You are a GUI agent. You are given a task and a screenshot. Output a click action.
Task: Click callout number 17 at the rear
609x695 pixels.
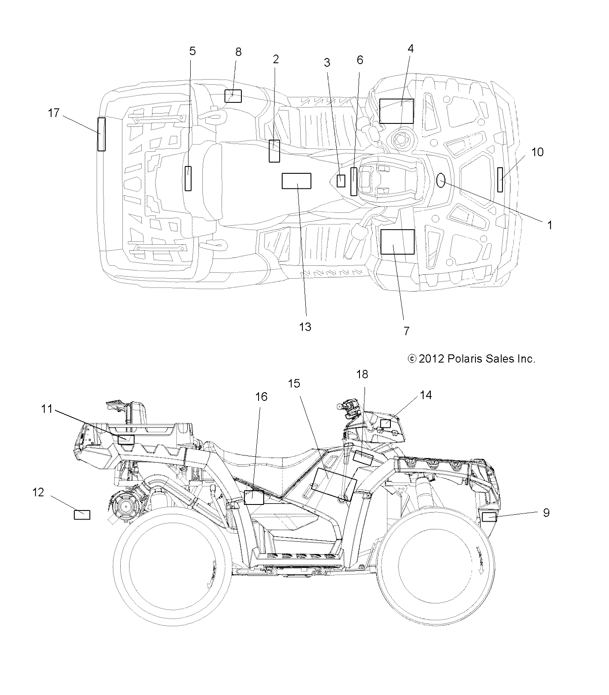point(54,113)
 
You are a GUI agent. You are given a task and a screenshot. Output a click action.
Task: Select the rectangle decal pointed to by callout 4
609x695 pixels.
point(396,111)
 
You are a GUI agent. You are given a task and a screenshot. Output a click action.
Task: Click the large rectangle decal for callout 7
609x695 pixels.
point(398,242)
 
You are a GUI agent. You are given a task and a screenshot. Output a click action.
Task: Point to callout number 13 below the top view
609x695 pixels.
point(305,327)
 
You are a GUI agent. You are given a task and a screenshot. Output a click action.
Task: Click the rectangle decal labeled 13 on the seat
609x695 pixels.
point(296,181)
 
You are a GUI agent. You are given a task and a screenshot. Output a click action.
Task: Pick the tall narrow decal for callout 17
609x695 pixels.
point(101,134)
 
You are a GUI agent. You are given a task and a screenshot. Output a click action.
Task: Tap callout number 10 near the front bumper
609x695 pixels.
point(537,152)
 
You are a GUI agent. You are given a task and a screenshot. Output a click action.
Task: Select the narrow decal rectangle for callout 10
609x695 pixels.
point(500,180)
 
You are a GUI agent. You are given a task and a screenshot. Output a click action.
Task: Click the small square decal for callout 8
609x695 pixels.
point(233,96)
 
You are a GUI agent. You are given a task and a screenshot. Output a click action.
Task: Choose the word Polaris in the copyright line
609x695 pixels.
point(466,359)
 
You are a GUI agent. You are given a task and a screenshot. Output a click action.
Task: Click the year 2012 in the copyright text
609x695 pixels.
point(431,359)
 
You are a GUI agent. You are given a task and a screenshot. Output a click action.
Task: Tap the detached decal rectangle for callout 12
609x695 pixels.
point(82,514)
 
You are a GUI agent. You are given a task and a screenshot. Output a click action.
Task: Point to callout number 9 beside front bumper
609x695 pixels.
point(546,512)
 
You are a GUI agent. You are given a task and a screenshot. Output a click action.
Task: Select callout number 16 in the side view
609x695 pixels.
point(261,397)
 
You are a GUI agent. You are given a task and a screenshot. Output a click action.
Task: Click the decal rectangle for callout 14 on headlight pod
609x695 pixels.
point(386,424)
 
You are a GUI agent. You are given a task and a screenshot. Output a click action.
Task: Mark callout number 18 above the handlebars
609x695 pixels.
point(362,374)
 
